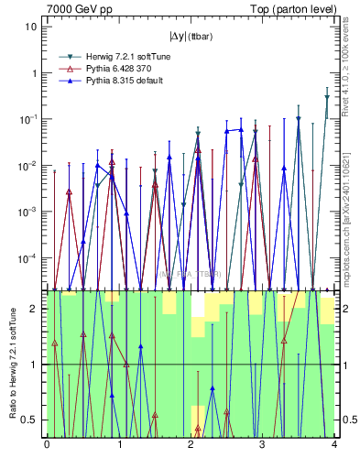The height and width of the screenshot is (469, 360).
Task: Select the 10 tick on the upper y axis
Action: [32, 26]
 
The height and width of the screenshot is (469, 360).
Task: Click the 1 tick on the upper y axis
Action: [35, 72]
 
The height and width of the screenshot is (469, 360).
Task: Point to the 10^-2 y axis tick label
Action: [30, 165]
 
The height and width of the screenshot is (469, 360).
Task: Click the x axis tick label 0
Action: [47, 446]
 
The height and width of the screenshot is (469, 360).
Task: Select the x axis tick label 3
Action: [262, 446]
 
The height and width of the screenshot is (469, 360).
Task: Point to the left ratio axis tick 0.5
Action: [33, 420]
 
